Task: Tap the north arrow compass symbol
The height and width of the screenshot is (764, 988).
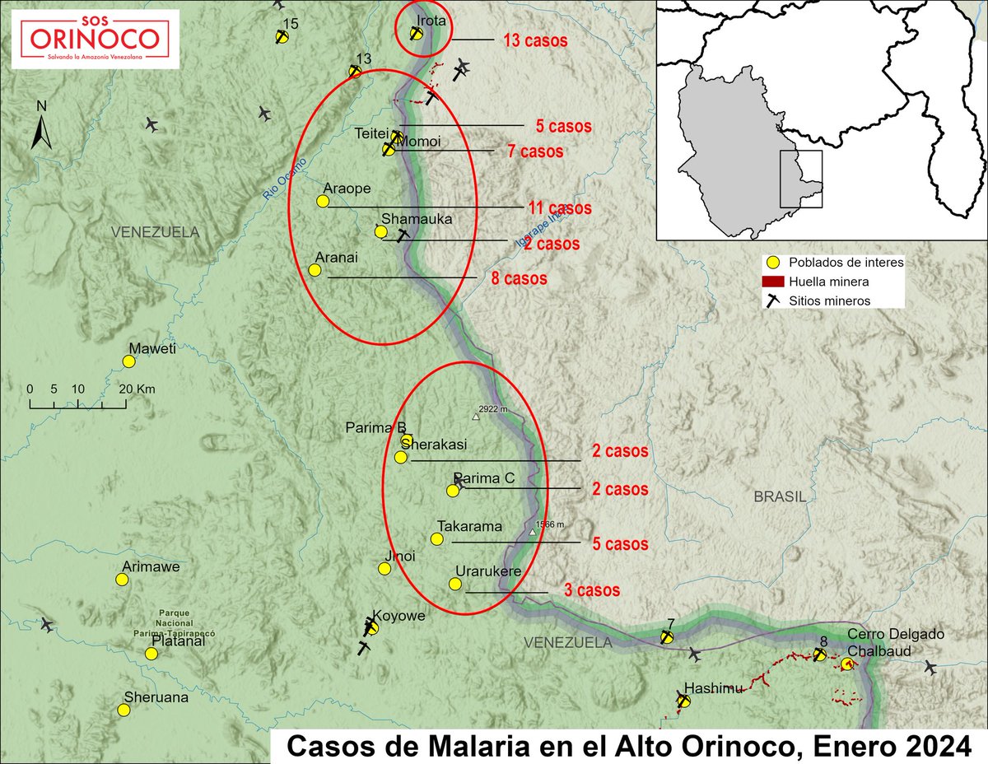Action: point(41,127)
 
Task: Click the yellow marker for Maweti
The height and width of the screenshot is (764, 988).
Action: point(128,361)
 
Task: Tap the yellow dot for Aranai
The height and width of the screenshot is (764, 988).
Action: point(314,269)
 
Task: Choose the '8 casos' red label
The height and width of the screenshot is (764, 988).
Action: point(519,278)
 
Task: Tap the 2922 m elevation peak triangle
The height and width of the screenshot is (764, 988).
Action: point(475,416)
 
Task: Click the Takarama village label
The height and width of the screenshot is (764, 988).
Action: point(469,525)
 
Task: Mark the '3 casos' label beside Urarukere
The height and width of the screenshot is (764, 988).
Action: point(591,590)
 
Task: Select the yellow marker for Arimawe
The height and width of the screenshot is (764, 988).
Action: point(122,579)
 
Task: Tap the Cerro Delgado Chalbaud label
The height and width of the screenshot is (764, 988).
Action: point(896,641)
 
